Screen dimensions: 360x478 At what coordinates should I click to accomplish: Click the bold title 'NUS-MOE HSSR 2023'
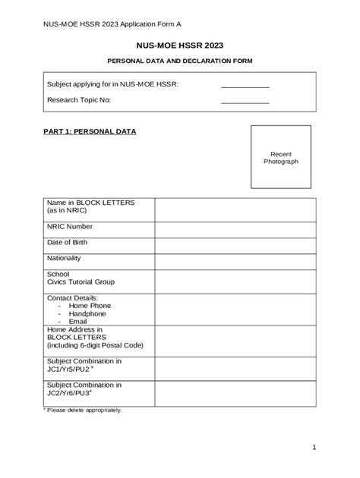[x=179, y=46]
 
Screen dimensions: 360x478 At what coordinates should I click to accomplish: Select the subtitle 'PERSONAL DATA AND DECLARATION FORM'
[x=179, y=61]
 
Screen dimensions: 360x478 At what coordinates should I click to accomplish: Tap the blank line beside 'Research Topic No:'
[x=245, y=102]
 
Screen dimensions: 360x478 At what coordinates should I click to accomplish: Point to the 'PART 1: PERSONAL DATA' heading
[x=90, y=131]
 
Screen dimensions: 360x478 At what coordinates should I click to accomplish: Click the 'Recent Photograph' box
[x=281, y=157]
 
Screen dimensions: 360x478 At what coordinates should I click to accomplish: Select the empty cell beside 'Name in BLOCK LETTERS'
[x=235, y=209]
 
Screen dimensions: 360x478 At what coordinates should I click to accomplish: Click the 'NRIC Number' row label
[x=70, y=226]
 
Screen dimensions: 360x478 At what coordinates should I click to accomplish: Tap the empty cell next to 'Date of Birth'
[x=235, y=244]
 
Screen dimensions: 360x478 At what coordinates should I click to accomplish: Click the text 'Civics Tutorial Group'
[x=81, y=281]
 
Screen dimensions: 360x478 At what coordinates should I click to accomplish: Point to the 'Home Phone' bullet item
[x=90, y=306]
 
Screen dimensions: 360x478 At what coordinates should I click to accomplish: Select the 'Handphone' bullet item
[x=87, y=313]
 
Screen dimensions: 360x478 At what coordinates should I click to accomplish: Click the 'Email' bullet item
[x=78, y=321]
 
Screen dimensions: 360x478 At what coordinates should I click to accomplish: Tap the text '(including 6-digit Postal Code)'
[x=95, y=345]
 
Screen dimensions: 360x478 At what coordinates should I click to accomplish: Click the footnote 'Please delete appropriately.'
[x=83, y=410]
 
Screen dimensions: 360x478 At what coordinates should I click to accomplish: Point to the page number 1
[x=313, y=448]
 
